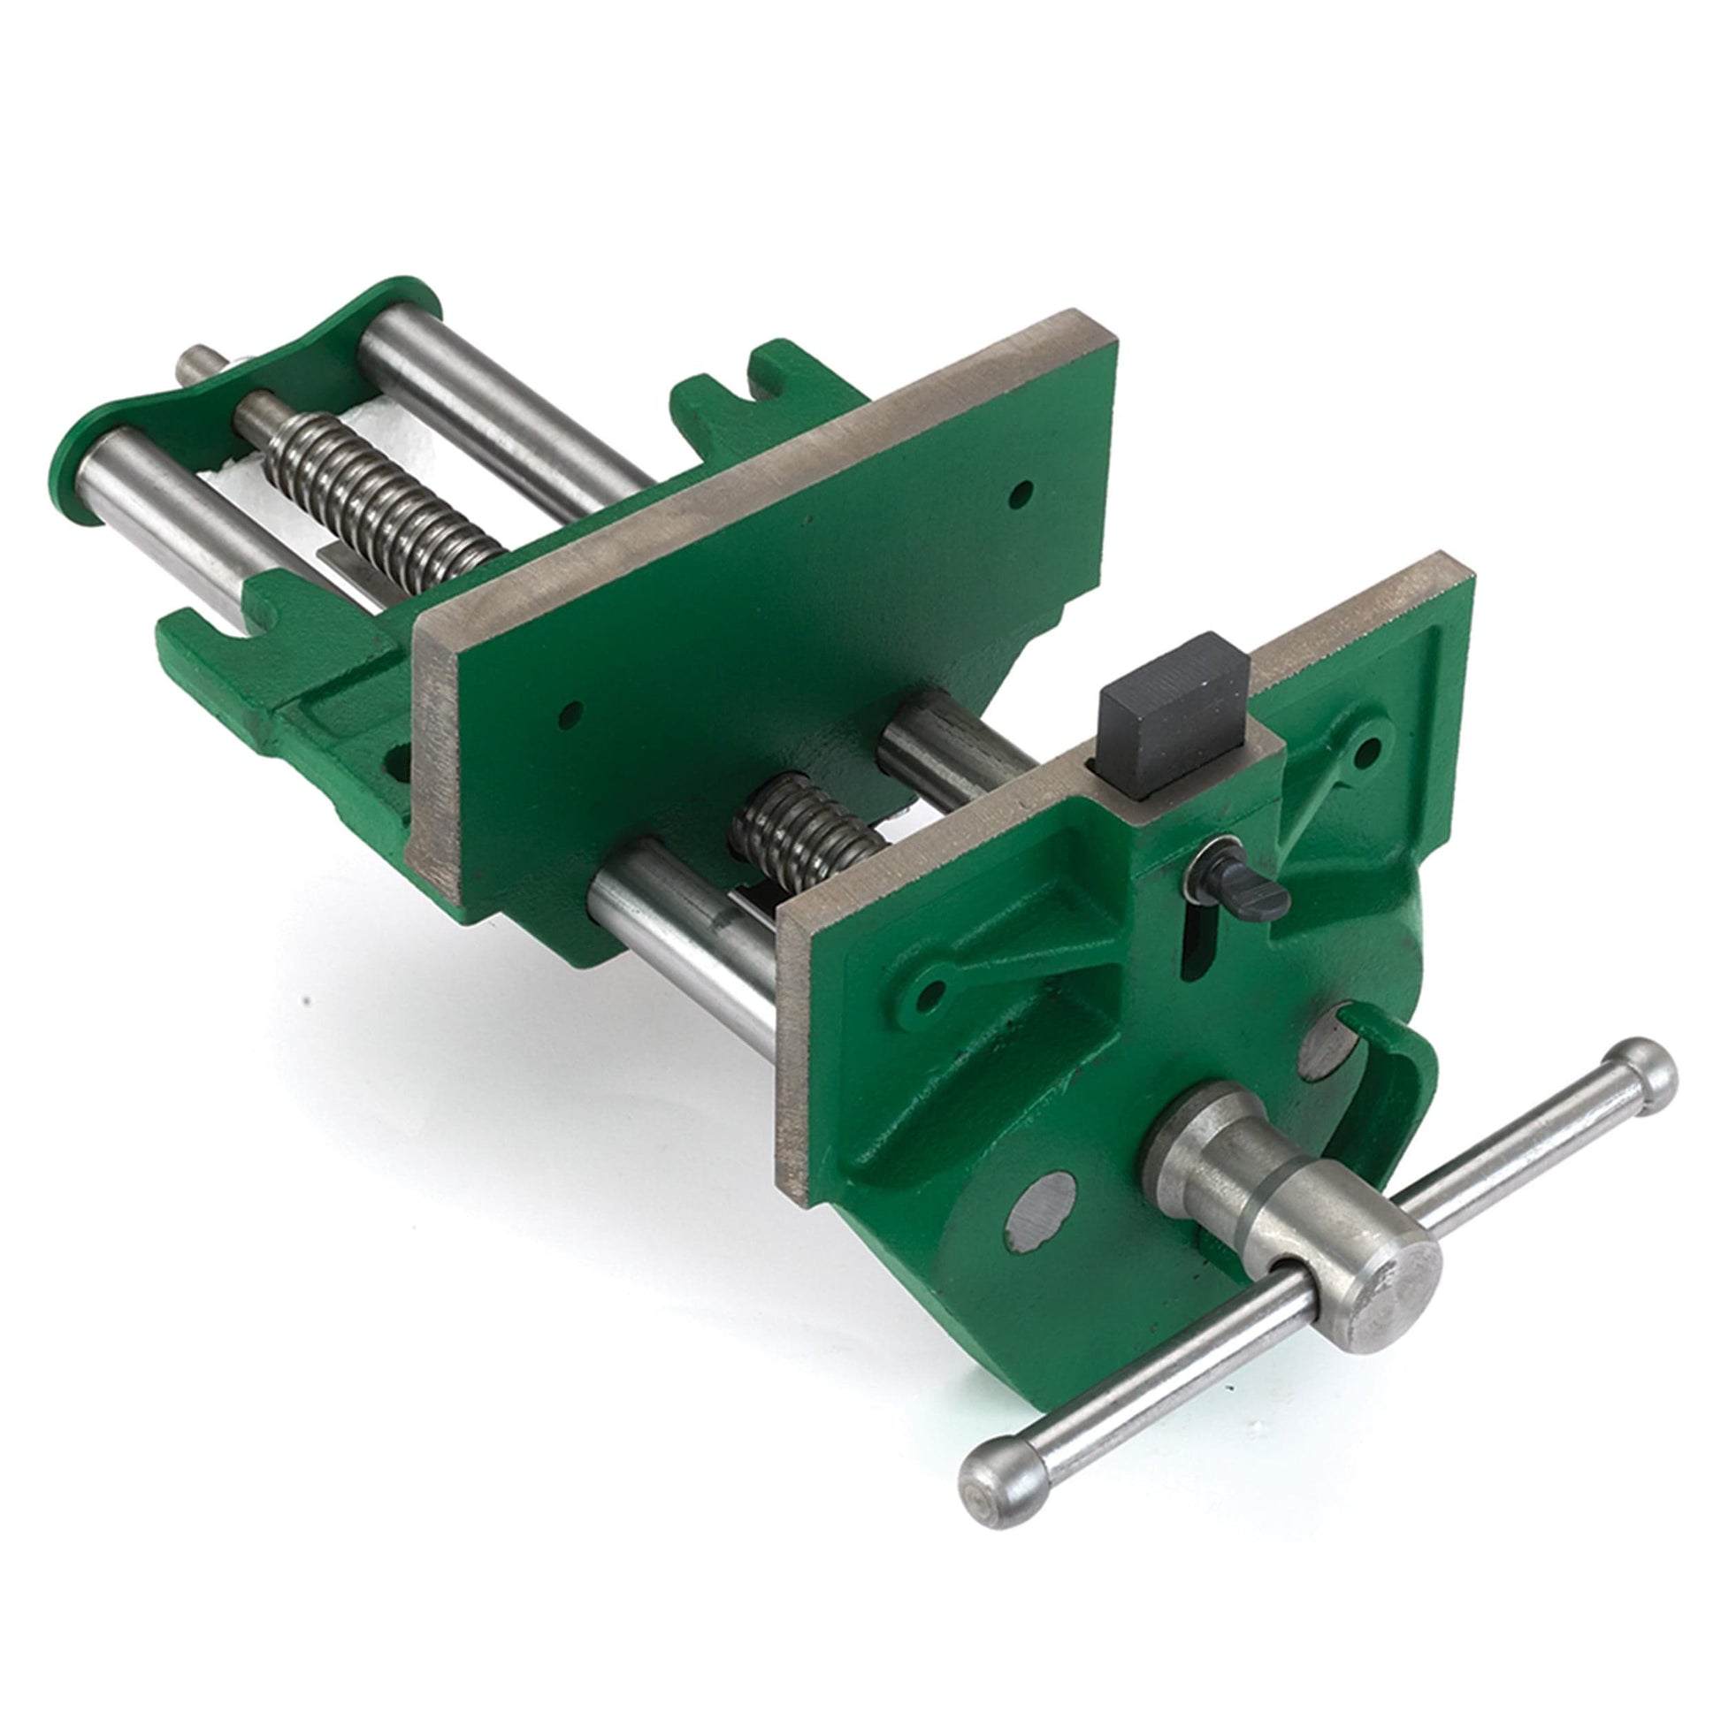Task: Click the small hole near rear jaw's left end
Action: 570,713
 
